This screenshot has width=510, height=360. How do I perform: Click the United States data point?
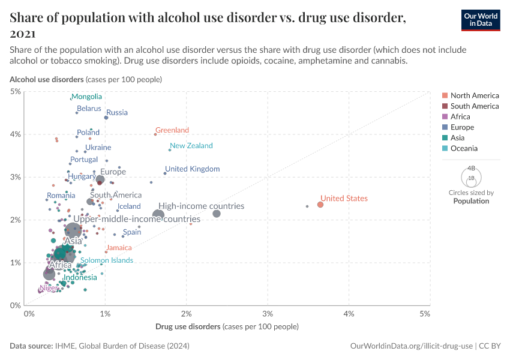pyautogui.click(x=320, y=205)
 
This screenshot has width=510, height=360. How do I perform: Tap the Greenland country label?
pyautogui.click(x=172, y=130)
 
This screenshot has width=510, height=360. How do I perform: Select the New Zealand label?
pyautogui.click(x=191, y=146)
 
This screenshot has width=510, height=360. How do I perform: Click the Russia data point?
pyautogui.click(x=106, y=118)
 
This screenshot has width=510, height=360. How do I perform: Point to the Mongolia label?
pyautogui.click(x=86, y=97)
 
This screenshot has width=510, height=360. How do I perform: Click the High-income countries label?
pyautogui.click(x=201, y=206)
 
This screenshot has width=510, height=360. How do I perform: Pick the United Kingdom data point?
pyautogui.click(x=165, y=173)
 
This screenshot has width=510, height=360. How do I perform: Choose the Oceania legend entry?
pyautogui.click(x=464, y=148)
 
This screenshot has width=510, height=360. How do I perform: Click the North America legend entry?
pyautogui.click(x=474, y=95)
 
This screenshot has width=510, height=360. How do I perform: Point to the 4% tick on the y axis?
pyautogui.click(x=15, y=134)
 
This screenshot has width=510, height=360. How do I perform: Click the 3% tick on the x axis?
pyautogui.click(x=268, y=314)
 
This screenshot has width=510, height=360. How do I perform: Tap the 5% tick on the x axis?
pyautogui.click(x=425, y=314)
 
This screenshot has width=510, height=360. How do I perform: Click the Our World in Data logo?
pyautogui.click(x=481, y=19)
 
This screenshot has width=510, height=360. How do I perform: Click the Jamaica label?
pyautogui.click(x=118, y=248)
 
